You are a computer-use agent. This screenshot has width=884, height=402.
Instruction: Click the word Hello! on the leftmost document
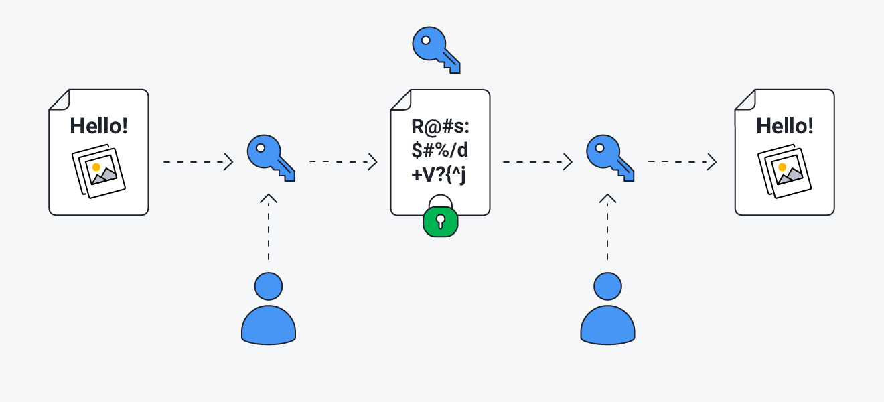[98, 126]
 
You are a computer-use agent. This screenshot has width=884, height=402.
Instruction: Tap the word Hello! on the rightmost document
[785, 126]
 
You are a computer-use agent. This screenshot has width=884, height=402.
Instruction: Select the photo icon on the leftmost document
[98, 171]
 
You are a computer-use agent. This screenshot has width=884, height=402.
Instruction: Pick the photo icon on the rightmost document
[785, 171]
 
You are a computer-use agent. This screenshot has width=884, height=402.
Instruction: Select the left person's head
[268, 287]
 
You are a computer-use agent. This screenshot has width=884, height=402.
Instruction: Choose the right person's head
[607, 287]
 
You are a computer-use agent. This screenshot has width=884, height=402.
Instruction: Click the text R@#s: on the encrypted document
[440, 126]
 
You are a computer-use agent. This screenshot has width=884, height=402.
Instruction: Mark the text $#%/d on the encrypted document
[440, 150]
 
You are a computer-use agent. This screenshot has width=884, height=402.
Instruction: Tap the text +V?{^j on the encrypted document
[440, 174]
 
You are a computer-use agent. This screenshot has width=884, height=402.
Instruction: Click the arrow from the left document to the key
[198, 162]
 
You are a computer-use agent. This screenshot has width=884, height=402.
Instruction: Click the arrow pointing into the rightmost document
[682, 162]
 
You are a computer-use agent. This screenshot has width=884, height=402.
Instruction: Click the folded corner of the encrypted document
[400, 100]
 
